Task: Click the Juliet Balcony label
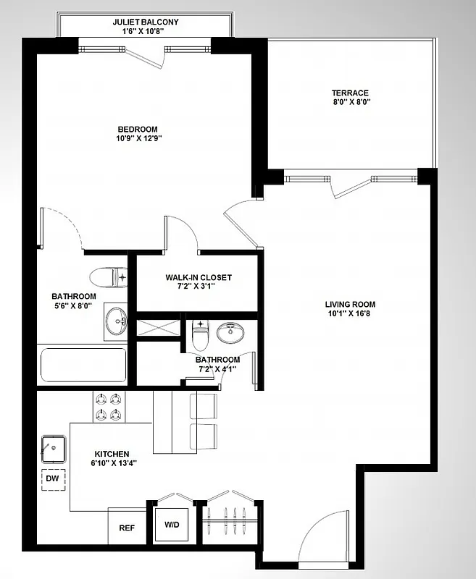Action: [146, 22]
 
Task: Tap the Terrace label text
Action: [350, 93]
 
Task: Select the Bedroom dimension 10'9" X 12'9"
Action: [138, 139]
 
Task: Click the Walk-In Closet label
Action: [199, 277]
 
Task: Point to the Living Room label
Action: [350, 304]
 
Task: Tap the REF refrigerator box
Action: [127, 528]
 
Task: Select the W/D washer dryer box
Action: [172, 523]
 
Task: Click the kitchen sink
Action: [54, 449]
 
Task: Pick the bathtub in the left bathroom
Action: [83, 365]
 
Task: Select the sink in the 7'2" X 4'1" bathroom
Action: [231, 334]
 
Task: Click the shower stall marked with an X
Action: [160, 326]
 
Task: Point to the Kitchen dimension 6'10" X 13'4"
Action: [110, 463]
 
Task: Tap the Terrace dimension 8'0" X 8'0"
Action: [350, 103]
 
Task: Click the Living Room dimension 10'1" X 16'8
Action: [350, 314]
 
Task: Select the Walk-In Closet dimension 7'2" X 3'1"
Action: [199, 287]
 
